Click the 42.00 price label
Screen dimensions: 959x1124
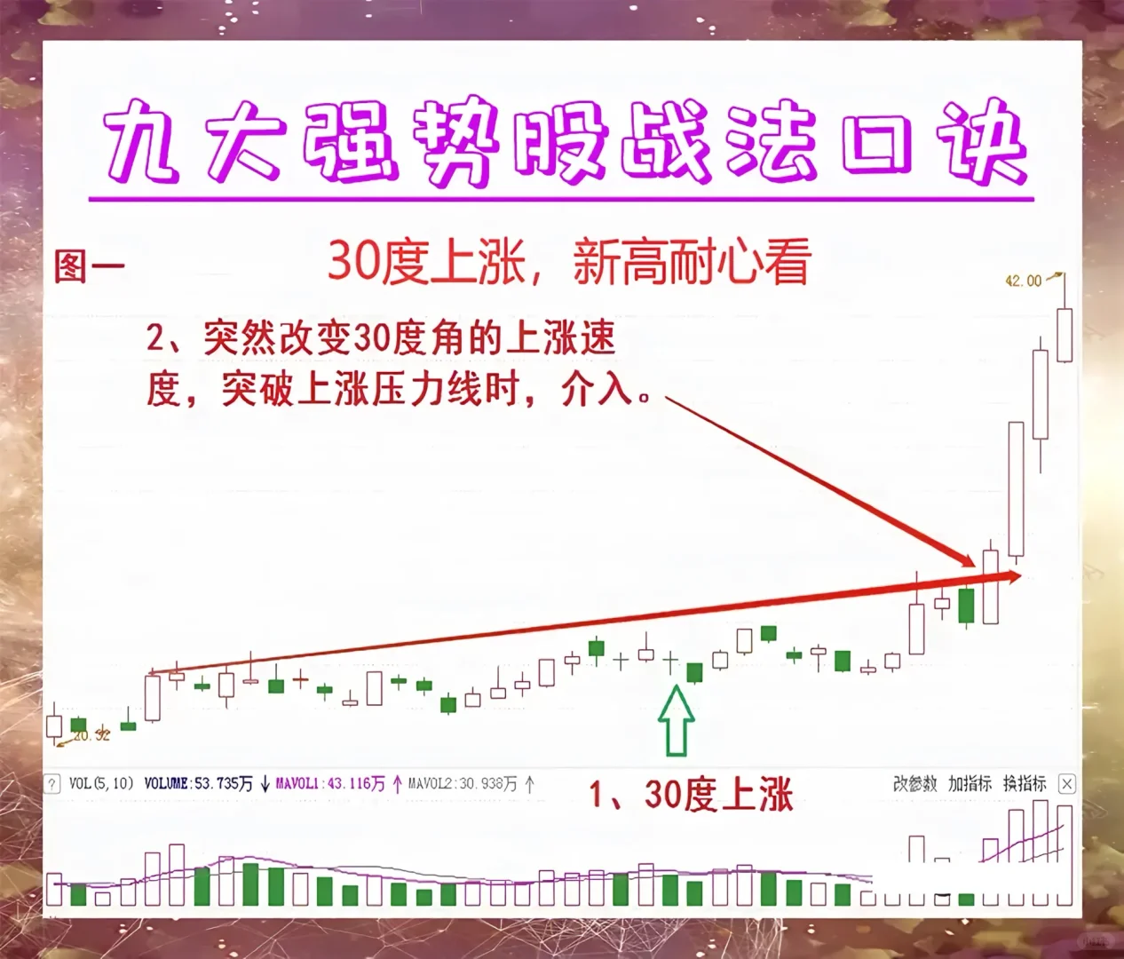point(1023,281)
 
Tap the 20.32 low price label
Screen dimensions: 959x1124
point(91,735)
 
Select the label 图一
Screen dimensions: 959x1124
point(88,266)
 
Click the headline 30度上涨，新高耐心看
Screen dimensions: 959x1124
point(568,262)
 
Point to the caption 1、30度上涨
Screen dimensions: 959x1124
point(691,794)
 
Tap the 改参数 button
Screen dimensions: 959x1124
point(914,783)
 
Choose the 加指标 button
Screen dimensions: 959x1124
point(970,783)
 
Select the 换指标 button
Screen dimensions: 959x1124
point(1025,783)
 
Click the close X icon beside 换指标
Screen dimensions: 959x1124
point(1067,783)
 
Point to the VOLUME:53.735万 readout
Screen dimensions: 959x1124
point(198,783)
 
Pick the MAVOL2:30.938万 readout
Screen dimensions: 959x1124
point(462,783)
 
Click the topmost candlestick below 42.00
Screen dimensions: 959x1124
point(1064,334)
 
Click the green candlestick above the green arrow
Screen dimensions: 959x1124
point(694,672)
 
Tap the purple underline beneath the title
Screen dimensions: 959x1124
point(561,198)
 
